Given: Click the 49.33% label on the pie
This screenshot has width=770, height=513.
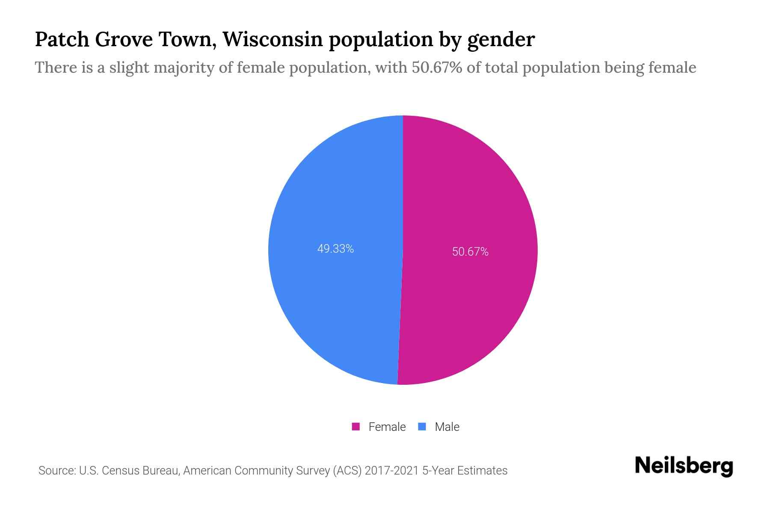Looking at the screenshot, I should [x=335, y=249].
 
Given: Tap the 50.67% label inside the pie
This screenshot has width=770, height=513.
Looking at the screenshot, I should [x=470, y=252].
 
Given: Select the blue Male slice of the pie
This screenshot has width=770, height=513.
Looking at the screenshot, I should [x=329, y=299].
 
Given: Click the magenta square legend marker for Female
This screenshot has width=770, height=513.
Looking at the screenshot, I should [x=355, y=427].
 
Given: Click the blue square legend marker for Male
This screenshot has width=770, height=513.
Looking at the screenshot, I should [x=422, y=427].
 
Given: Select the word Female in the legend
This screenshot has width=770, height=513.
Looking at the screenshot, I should [x=387, y=427].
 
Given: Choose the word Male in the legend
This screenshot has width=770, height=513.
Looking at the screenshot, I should [x=447, y=427].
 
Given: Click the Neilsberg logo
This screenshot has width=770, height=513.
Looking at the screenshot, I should [x=684, y=466].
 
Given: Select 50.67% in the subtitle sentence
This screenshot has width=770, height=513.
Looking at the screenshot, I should [x=437, y=68].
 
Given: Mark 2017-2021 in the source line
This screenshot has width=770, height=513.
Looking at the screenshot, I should [x=391, y=471].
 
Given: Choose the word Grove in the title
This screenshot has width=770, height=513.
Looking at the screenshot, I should [x=124, y=39].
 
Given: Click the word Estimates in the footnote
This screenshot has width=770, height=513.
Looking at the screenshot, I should [x=482, y=471].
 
